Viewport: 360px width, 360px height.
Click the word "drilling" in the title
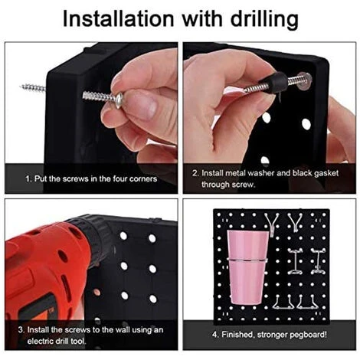coord(264,20)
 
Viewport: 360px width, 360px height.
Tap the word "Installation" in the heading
coord(118,18)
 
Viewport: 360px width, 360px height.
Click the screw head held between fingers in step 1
coord(119,101)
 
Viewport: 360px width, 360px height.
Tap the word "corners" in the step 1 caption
coord(143,178)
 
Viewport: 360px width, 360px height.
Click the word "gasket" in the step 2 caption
coord(326,174)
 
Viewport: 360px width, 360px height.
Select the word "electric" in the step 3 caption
coord(41,341)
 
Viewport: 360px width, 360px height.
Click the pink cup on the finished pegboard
coord(247,267)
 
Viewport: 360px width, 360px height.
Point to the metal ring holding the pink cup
coord(247,260)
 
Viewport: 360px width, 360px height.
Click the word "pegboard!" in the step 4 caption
coord(309,335)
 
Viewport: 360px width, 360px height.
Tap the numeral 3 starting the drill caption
coord(21,329)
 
